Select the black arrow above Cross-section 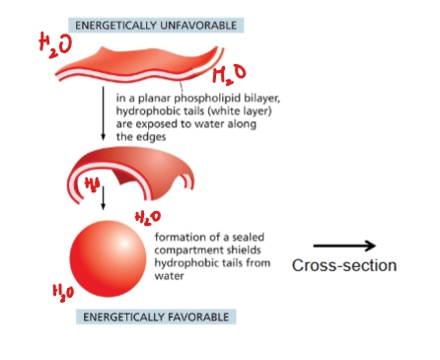tap(344, 246)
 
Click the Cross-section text tap(344, 265)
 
